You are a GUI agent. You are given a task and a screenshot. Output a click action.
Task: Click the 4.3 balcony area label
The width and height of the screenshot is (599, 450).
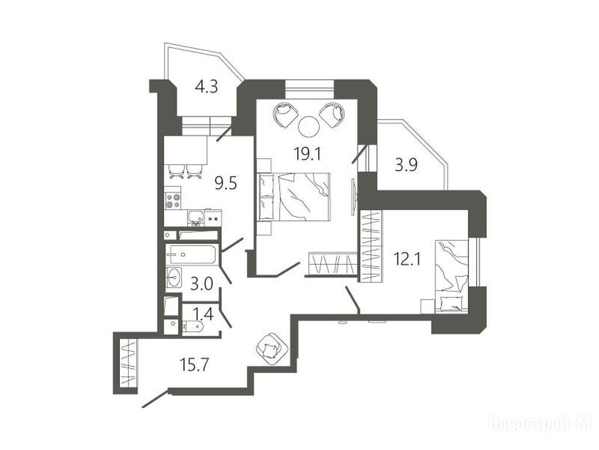point(206,87)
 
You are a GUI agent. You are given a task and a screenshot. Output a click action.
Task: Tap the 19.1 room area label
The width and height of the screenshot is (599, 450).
point(308,154)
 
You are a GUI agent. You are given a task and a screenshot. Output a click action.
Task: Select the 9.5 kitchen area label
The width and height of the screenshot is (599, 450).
point(226,183)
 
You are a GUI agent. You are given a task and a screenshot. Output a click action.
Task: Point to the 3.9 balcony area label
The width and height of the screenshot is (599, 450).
point(406,166)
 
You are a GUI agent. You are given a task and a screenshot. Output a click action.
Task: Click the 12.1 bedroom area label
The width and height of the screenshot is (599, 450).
point(407,260)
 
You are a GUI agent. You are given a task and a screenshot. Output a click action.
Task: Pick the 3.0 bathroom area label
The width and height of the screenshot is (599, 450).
point(202,285)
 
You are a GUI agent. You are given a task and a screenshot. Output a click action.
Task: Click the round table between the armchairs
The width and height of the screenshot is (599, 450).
point(309,127)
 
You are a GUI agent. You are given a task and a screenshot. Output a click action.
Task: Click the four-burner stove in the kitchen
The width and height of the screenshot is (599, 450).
point(173,200)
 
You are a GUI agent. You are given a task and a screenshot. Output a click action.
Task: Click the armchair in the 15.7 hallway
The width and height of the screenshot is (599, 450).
point(271,349)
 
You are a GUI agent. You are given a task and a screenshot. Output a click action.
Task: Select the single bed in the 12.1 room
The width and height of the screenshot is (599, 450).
point(452,276)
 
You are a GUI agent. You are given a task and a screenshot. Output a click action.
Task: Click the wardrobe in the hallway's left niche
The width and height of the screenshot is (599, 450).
point(128,363)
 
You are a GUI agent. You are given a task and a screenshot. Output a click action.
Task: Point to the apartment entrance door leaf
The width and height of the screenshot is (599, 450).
point(154,398)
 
